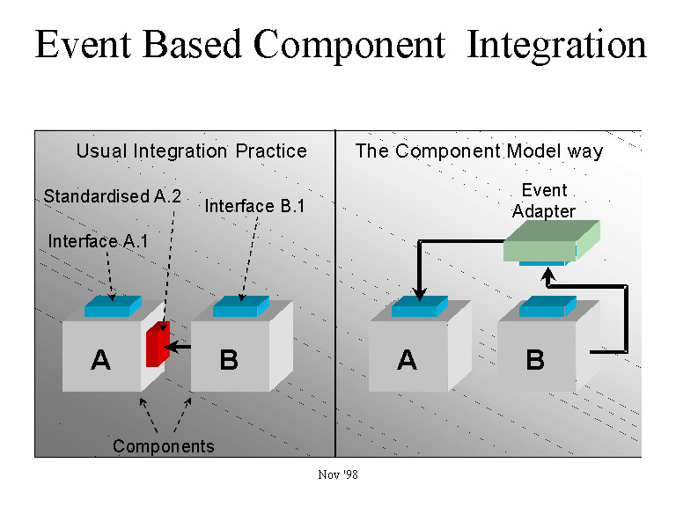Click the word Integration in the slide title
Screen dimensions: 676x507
click(x=556, y=46)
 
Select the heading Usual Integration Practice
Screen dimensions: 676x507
click(x=191, y=151)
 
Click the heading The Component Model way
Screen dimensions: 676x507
click(x=479, y=151)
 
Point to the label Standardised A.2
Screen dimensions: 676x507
click(x=112, y=196)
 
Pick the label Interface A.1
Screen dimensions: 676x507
click(x=98, y=241)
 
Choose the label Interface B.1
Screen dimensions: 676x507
click(x=254, y=206)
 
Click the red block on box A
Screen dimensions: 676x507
click(x=158, y=344)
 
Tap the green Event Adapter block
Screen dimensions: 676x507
click(x=551, y=240)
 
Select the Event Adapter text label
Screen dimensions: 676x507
click(x=544, y=201)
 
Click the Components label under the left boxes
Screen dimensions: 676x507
click(x=164, y=446)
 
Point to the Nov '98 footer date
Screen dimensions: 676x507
click(x=338, y=474)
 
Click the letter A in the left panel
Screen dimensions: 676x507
click(x=101, y=359)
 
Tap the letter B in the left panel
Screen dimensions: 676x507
click(x=229, y=359)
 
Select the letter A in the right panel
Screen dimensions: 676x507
click(x=407, y=359)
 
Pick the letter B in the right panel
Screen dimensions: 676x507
click(x=535, y=359)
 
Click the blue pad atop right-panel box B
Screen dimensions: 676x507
click(x=547, y=306)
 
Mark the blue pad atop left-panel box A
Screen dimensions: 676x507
click(x=113, y=306)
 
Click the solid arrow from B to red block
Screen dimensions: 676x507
click(x=178, y=347)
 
